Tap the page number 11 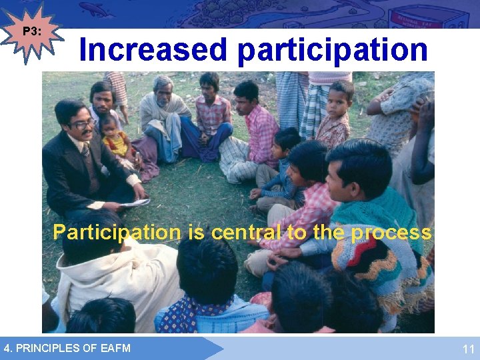point(468,349)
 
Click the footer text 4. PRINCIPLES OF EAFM point(67,347)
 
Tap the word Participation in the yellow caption point(117,233)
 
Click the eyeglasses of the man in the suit point(81,124)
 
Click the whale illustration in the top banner point(97,9)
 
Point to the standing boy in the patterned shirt point(337,113)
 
